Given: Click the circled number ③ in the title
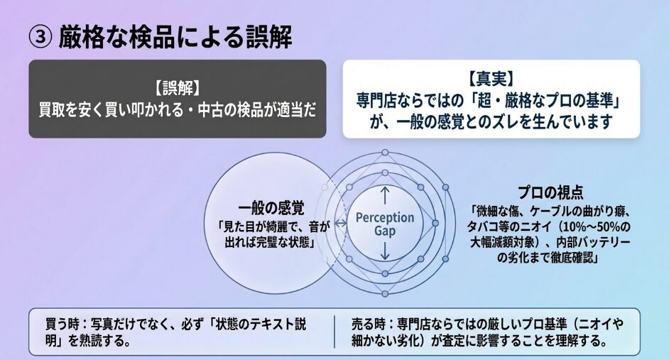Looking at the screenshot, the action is coord(40,37).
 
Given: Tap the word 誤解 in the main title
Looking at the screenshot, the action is coord(269,37).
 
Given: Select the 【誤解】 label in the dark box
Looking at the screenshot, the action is coord(178,89).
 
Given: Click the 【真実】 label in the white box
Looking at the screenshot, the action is coord(491,80).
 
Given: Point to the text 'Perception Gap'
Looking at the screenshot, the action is coord(385,224).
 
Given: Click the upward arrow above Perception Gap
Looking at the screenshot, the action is coord(385,196).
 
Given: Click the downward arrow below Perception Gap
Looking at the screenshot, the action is coord(385,251).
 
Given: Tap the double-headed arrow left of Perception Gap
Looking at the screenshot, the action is coord(340,223).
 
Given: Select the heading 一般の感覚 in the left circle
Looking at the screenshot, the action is coord(271,209).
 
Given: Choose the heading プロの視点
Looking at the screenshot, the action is coord(550,192).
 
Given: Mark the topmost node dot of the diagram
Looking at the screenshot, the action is coord(385,152).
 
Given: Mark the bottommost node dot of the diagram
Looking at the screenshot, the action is coord(385,293).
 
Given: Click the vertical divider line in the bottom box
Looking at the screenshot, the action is coord(335,332).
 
